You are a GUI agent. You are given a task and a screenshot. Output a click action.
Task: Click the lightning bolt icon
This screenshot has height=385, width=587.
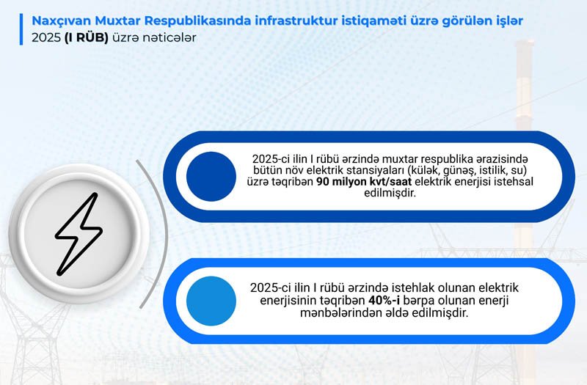[79, 235]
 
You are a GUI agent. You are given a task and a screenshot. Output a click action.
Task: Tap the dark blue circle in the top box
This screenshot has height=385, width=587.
[211, 177]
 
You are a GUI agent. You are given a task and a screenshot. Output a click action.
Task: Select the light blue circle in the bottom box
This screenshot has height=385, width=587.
[211, 301]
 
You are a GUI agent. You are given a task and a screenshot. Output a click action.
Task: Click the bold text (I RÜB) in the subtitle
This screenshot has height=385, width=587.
[86, 38]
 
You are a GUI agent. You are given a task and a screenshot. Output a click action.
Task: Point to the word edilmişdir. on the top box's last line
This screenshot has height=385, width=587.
[390, 194]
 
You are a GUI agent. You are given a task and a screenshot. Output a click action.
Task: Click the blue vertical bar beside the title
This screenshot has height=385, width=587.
[21, 29]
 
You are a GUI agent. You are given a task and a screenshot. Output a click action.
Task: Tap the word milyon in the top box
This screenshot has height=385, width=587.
[350, 182]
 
